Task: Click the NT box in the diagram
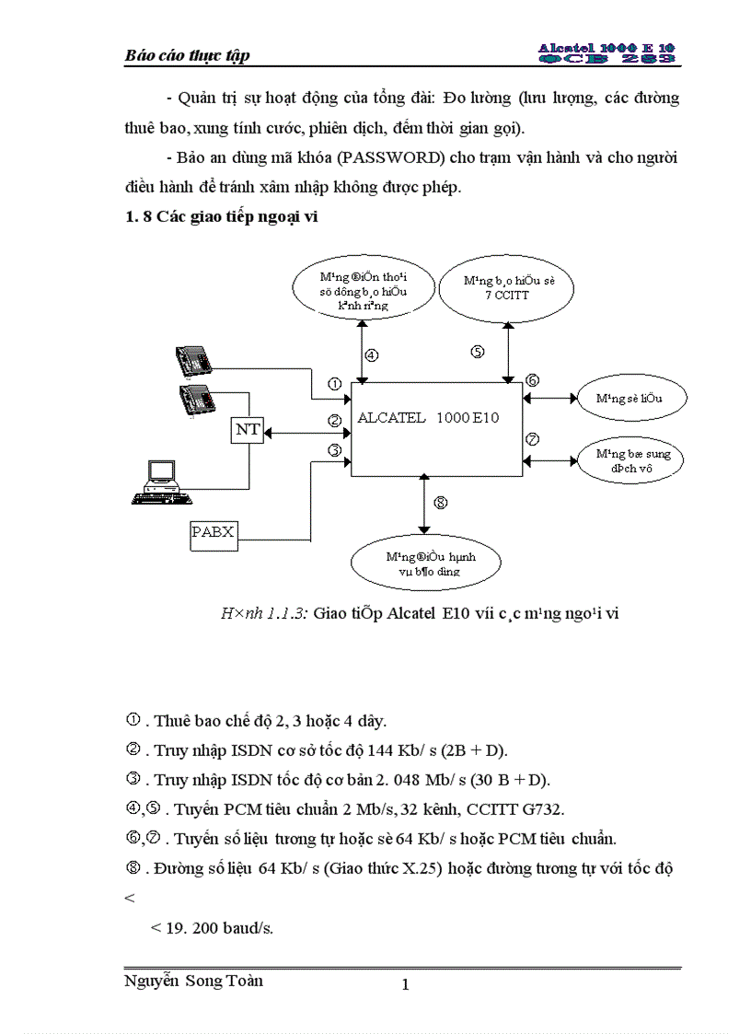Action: tap(247, 429)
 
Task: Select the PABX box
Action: tap(213, 531)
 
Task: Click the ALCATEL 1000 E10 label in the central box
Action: tap(428, 417)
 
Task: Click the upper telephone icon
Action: tap(195, 360)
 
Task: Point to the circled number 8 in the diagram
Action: tap(440, 503)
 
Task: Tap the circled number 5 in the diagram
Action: tap(477, 351)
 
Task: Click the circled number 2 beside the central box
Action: tap(335, 421)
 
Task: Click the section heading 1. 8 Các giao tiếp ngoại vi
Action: tap(221, 217)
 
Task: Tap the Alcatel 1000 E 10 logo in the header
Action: tap(607, 52)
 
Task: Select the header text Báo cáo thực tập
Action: tap(187, 55)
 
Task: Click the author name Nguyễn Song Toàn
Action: tap(193, 981)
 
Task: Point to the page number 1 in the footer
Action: tap(405, 985)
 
